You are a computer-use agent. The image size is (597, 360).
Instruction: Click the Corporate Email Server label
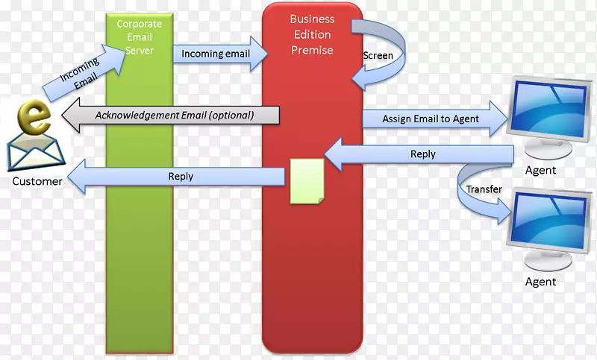[x=139, y=37]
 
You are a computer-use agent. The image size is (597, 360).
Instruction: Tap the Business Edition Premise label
[x=312, y=34]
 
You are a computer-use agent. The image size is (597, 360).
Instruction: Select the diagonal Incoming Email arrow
[x=80, y=72]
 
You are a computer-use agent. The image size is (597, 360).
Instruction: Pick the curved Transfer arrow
[x=478, y=194]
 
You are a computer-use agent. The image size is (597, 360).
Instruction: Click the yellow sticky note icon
[x=307, y=180]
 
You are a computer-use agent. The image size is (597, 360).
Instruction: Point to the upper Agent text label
[x=540, y=170]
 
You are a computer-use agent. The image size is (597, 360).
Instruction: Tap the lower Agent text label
[x=540, y=282]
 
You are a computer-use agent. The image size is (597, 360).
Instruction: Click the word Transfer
[x=484, y=189]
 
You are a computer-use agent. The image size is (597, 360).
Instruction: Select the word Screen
[x=378, y=56]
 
